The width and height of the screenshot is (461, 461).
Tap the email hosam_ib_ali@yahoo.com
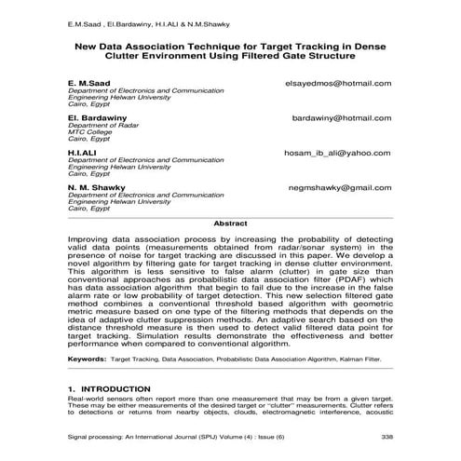[x=336, y=152]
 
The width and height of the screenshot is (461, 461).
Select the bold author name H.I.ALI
[x=82, y=152]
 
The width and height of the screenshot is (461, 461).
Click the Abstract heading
[x=230, y=224]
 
